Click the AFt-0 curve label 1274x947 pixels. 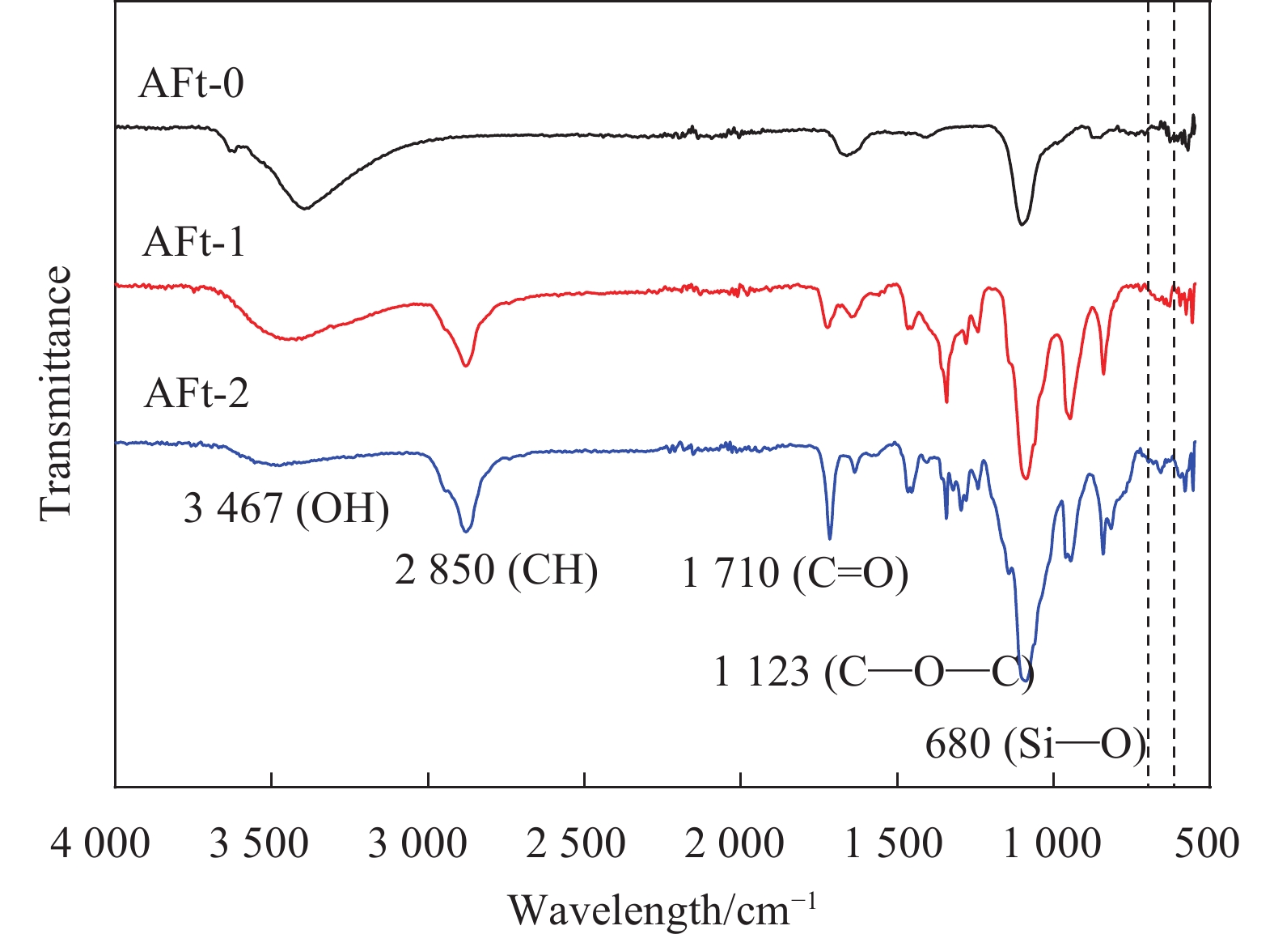coord(191,84)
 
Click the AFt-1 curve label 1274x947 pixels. coord(194,242)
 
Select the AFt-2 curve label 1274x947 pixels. coord(197,393)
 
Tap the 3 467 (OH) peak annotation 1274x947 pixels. coord(286,509)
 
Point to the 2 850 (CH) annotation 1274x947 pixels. coord(496,570)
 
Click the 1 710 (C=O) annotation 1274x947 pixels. coord(795,574)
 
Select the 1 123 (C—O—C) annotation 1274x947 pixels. coord(873,672)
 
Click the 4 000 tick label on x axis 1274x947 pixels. coord(100,844)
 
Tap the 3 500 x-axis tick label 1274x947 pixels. coord(259,844)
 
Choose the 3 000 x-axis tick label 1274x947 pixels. coord(417,844)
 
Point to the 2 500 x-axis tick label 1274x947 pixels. coord(576,844)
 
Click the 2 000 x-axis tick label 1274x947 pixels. coord(734,844)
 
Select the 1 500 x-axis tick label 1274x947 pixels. coord(893,844)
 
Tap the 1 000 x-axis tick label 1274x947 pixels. coord(1052,844)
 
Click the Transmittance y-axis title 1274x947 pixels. coord(56,393)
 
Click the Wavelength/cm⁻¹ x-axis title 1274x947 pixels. coord(662,910)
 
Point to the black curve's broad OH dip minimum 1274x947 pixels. coord(304,208)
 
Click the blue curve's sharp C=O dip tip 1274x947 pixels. coord(829,537)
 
